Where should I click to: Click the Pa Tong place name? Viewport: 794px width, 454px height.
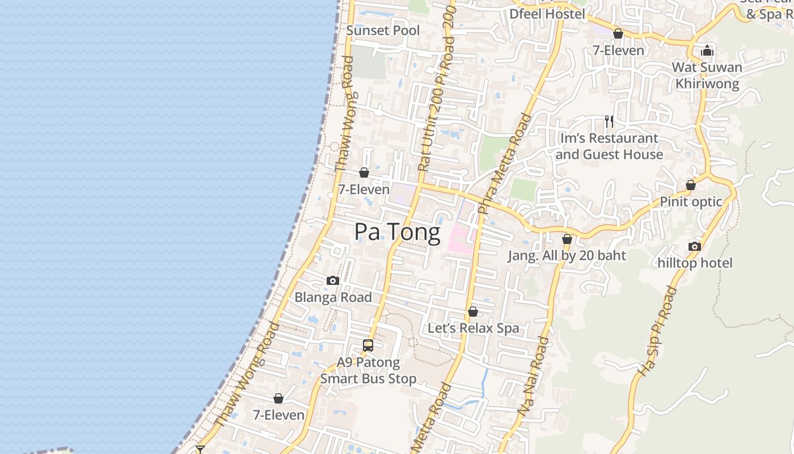397,232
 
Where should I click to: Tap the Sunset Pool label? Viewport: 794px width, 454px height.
383,31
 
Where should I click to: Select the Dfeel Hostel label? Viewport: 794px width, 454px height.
547,14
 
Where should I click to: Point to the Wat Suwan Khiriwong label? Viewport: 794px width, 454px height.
707,75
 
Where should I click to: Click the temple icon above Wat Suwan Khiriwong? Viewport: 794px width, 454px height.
707,51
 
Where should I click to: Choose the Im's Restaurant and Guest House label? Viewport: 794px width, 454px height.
609,146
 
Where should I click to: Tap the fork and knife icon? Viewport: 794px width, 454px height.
609,121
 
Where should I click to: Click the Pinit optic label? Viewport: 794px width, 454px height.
691,202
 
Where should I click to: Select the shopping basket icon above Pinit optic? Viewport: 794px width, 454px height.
691,186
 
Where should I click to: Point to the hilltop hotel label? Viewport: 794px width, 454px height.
695,263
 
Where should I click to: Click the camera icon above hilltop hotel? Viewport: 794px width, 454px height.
695,246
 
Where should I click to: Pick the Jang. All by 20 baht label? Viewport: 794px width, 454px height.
567,255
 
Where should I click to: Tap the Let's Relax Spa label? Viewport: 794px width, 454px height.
473,328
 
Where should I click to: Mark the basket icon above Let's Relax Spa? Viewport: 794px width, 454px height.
473,312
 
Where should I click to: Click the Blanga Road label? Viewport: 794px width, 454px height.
333,297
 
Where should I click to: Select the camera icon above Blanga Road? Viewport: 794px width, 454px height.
333,281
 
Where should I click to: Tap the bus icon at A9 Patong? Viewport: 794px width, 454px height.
368,345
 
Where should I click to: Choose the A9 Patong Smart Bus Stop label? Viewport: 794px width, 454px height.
368,371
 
